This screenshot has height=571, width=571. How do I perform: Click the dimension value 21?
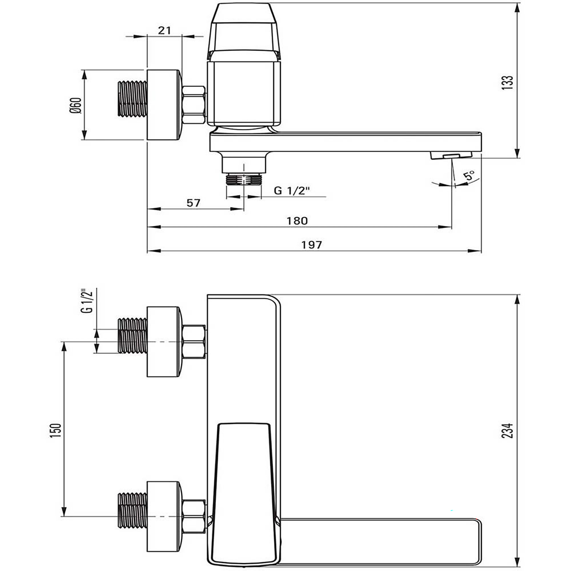pyautogui.click(x=165, y=30)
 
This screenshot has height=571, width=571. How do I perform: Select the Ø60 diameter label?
pyautogui.click(x=76, y=105)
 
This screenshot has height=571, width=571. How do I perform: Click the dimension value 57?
pyautogui.click(x=193, y=203)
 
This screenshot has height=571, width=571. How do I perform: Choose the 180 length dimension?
pyautogui.click(x=297, y=221)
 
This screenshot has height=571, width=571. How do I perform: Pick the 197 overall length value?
pyautogui.click(x=312, y=245)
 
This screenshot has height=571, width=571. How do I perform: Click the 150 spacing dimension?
pyautogui.click(x=56, y=430)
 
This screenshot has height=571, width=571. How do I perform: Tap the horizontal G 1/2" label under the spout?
pyautogui.click(x=291, y=191)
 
